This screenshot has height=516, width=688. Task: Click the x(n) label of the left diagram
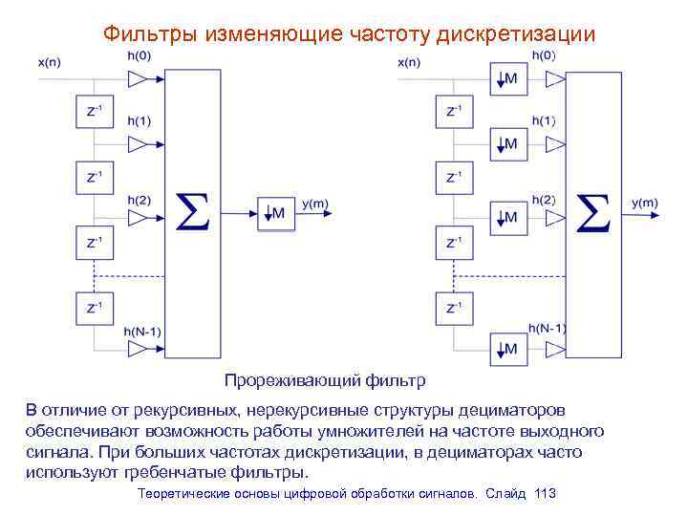tap(51, 62)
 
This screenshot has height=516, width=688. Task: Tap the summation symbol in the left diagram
tap(195, 213)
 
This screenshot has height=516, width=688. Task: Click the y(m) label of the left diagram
tap(315, 203)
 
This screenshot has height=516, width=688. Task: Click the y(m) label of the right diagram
tap(644, 203)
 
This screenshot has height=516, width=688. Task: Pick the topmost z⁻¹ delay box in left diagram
tap(96, 112)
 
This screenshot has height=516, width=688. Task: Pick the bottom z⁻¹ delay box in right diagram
tap(454, 308)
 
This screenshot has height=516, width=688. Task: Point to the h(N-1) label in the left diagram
tap(144, 331)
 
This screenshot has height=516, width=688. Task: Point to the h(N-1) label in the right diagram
tap(544, 328)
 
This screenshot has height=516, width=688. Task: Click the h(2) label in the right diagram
tap(543, 200)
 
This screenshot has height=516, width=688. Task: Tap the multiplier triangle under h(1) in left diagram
tap(140, 144)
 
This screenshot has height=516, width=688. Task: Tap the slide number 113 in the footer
tap(546, 493)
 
